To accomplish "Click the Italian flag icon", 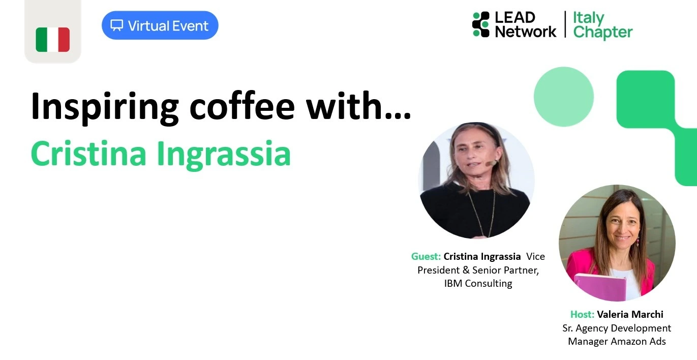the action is click(x=52, y=40).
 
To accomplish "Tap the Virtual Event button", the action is click(x=160, y=25).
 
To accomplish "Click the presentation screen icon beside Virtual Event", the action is click(x=117, y=25).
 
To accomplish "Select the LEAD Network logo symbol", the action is click(x=481, y=24).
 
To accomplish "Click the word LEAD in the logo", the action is click(x=515, y=17).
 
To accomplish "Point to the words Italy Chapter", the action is click(x=603, y=25).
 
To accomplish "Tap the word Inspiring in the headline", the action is click(x=105, y=107).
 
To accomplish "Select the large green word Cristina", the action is click(x=88, y=154).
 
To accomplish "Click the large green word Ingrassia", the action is click(x=224, y=155).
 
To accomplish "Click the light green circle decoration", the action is click(x=563, y=97).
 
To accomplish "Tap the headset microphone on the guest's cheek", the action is click(x=492, y=163).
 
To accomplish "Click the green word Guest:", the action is click(x=426, y=257).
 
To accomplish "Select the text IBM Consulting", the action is click(x=478, y=283).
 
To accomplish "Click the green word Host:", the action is click(x=582, y=314).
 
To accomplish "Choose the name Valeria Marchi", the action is click(x=630, y=314).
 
